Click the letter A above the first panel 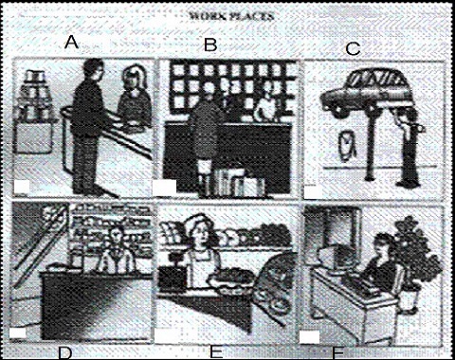pos(71,42)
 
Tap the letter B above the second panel pos(210,44)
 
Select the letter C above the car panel pos(353,49)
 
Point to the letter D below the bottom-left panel pos(65,353)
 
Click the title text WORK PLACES pos(231,16)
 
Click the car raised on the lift pos(367,90)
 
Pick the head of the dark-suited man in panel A pos(93,70)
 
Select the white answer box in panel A pos(22,187)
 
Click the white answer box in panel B pos(165,187)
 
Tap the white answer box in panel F pos(309,337)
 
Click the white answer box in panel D pos(18,333)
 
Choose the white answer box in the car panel pos(314,192)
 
